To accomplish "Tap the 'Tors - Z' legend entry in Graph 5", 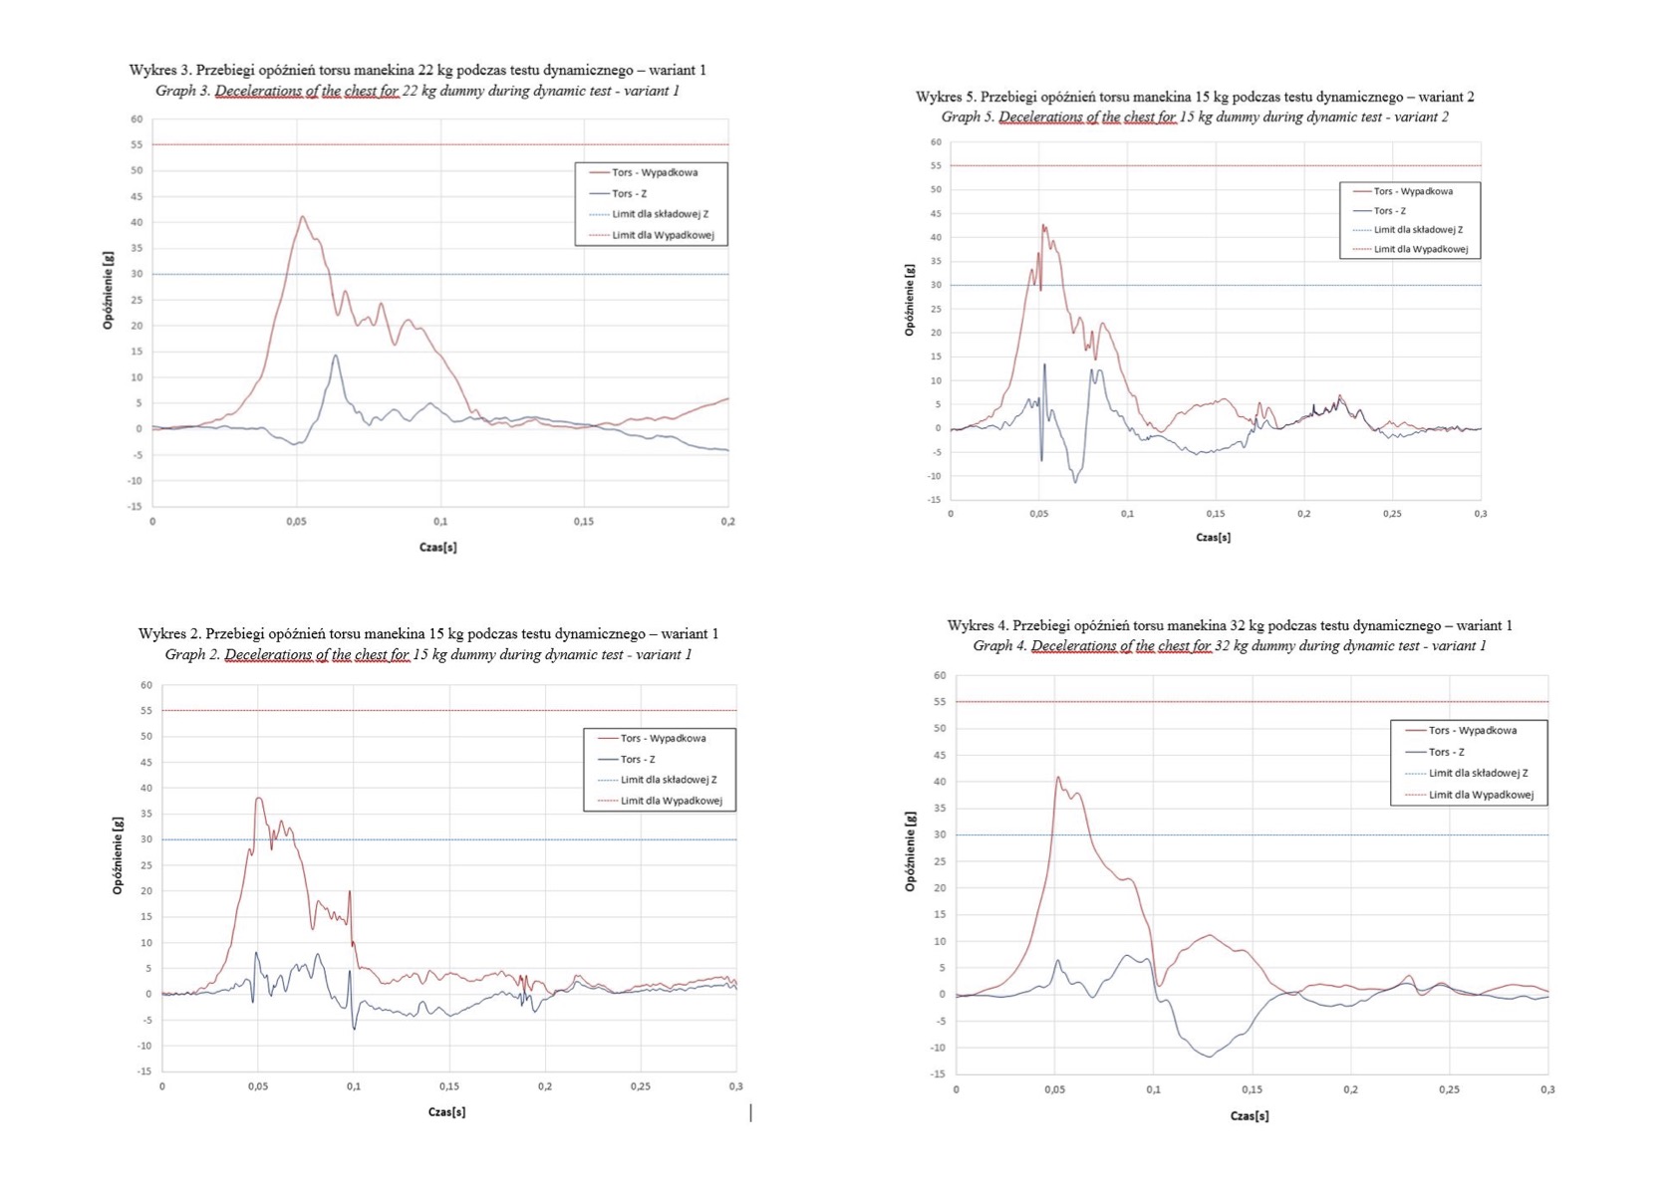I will pyautogui.click(x=1389, y=211).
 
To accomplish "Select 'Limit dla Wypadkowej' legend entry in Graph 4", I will pyautogui.click(x=1481, y=795).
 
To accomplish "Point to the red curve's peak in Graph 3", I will pyautogui.click(x=302, y=217).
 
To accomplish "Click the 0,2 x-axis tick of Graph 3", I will pyautogui.click(x=727, y=522).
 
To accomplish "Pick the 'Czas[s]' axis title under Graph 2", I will pyautogui.click(x=446, y=1111).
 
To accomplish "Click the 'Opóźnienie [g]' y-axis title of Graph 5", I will pyautogui.click(x=909, y=300).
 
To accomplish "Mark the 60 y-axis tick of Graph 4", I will pyautogui.click(x=940, y=676).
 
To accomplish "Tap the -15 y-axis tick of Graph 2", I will pyautogui.click(x=143, y=1071).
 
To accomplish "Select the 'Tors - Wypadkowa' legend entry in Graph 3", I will pyautogui.click(x=654, y=172).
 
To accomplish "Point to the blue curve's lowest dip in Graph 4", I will pyautogui.click(x=1210, y=1057).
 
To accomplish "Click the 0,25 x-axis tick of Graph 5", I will pyautogui.click(x=1392, y=514).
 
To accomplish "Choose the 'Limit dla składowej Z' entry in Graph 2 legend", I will pyautogui.click(x=668, y=780).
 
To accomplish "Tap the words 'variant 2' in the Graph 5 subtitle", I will pyautogui.click(x=1418, y=118).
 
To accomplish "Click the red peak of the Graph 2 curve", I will pyautogui.click(x=258, y=798).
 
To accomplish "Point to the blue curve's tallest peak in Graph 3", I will pyautogui.click(x=336, y=355).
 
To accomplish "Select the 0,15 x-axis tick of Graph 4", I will pyautogui.click(x=1252, y=1090).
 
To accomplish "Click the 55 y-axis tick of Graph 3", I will pyautogui.click(x=136, y=145).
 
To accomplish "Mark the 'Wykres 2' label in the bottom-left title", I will pyautogui.click(x=169, y=634).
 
